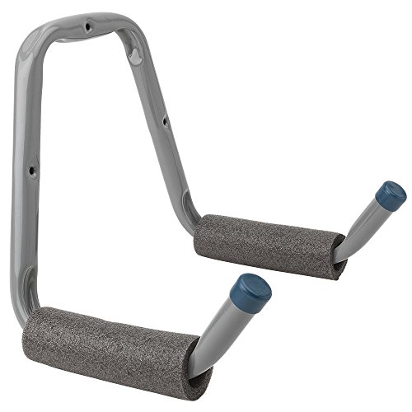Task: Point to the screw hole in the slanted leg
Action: click(164, 123)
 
